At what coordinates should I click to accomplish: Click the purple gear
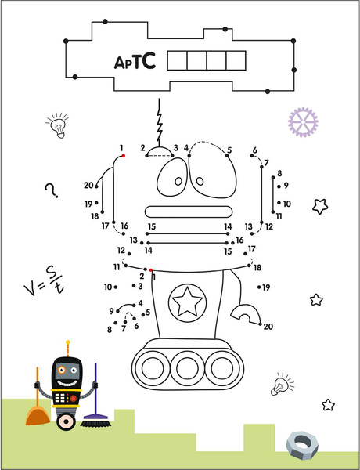[303, 122]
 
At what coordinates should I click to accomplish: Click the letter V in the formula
[31, 289]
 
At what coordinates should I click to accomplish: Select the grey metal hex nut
[302, 444]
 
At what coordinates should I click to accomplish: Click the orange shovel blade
[38, 416]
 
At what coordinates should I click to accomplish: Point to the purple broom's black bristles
[95, 423]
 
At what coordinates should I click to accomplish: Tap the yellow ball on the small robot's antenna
[67, 342]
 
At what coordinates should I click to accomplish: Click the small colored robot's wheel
[66, 421]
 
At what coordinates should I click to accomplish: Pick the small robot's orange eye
[62, 370]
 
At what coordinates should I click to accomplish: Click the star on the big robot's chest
[187, 302]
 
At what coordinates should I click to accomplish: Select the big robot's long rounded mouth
[189, 211]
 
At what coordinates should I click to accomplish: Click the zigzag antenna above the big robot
[160, 122]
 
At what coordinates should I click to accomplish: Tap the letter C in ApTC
[148, 60]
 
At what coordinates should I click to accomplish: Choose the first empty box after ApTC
[177, 60]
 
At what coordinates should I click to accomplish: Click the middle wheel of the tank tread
[187, 368]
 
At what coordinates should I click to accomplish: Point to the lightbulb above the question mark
[58, 125]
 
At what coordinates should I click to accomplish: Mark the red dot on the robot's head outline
[123, 156]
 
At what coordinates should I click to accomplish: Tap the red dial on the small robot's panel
[74, 398]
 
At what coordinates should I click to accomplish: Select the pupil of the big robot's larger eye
[200, 181]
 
